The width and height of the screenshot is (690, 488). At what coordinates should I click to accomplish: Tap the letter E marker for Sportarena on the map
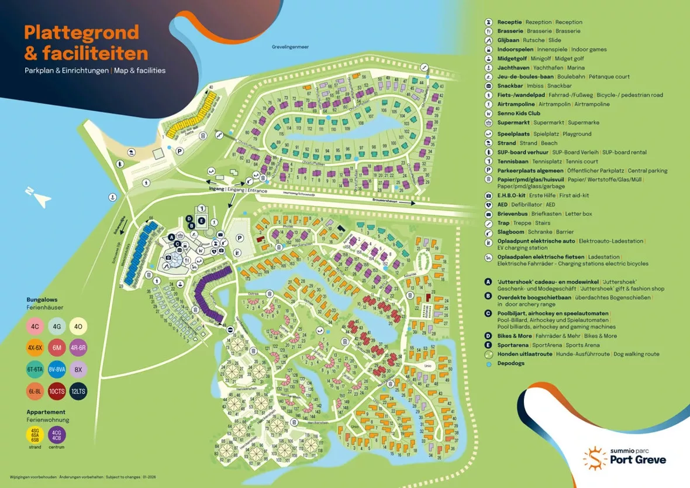tap(202, 221)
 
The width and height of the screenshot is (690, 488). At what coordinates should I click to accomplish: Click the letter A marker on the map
tap(171, 237)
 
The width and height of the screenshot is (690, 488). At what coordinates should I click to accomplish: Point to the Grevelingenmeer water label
tap(289, 47)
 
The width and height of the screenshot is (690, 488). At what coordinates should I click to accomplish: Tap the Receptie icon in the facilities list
tap(488, 22)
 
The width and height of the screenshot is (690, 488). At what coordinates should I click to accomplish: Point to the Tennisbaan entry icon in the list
tap(488, 161)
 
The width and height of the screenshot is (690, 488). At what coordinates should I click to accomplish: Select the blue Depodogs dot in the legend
tap(488, 363)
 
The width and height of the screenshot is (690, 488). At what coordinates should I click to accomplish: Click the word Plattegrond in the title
tap(81, 32)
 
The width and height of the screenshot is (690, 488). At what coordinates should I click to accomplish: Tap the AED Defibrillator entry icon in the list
tap(488, 205)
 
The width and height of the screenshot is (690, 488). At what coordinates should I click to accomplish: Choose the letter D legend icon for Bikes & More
tap(488, 336)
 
